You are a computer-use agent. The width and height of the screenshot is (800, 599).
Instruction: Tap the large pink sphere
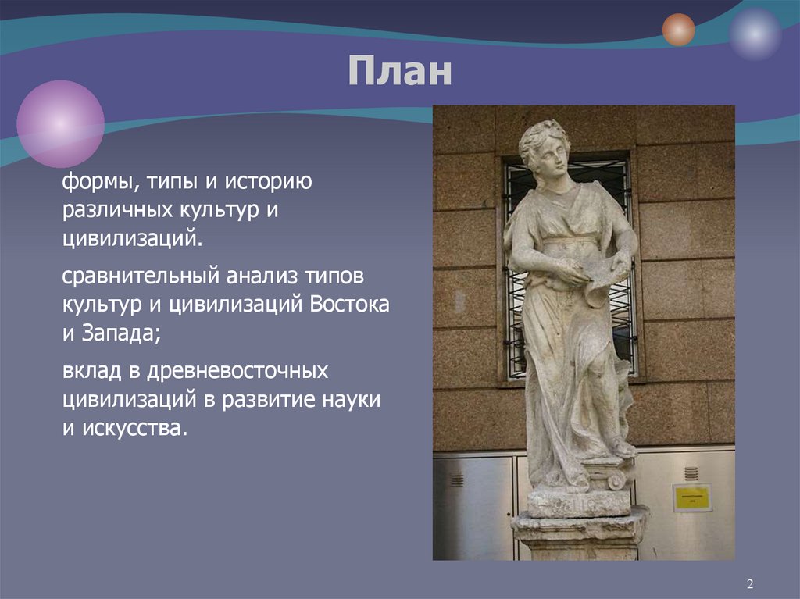point(61,124)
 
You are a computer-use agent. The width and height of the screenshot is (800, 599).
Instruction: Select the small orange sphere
point(678,30)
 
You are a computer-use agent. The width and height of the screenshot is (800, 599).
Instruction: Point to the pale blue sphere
point(755,34)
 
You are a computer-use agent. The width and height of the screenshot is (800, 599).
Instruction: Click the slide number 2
point(749,584)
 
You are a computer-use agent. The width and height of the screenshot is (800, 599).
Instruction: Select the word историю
point(269,183)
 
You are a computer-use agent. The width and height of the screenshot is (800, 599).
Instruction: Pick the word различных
point(112,211)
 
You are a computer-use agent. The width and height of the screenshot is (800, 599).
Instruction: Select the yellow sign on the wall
point(691,497)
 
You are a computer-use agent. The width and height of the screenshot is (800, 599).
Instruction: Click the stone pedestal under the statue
point(579,531)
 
